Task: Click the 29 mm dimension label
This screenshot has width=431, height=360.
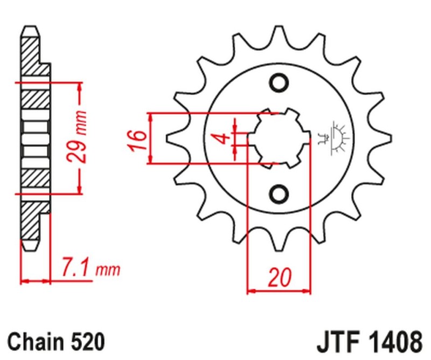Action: (x=77, y=138)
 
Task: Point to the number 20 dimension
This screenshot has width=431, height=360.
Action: (x=280, y=278)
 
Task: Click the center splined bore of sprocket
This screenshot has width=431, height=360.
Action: (x=279, y=139)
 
